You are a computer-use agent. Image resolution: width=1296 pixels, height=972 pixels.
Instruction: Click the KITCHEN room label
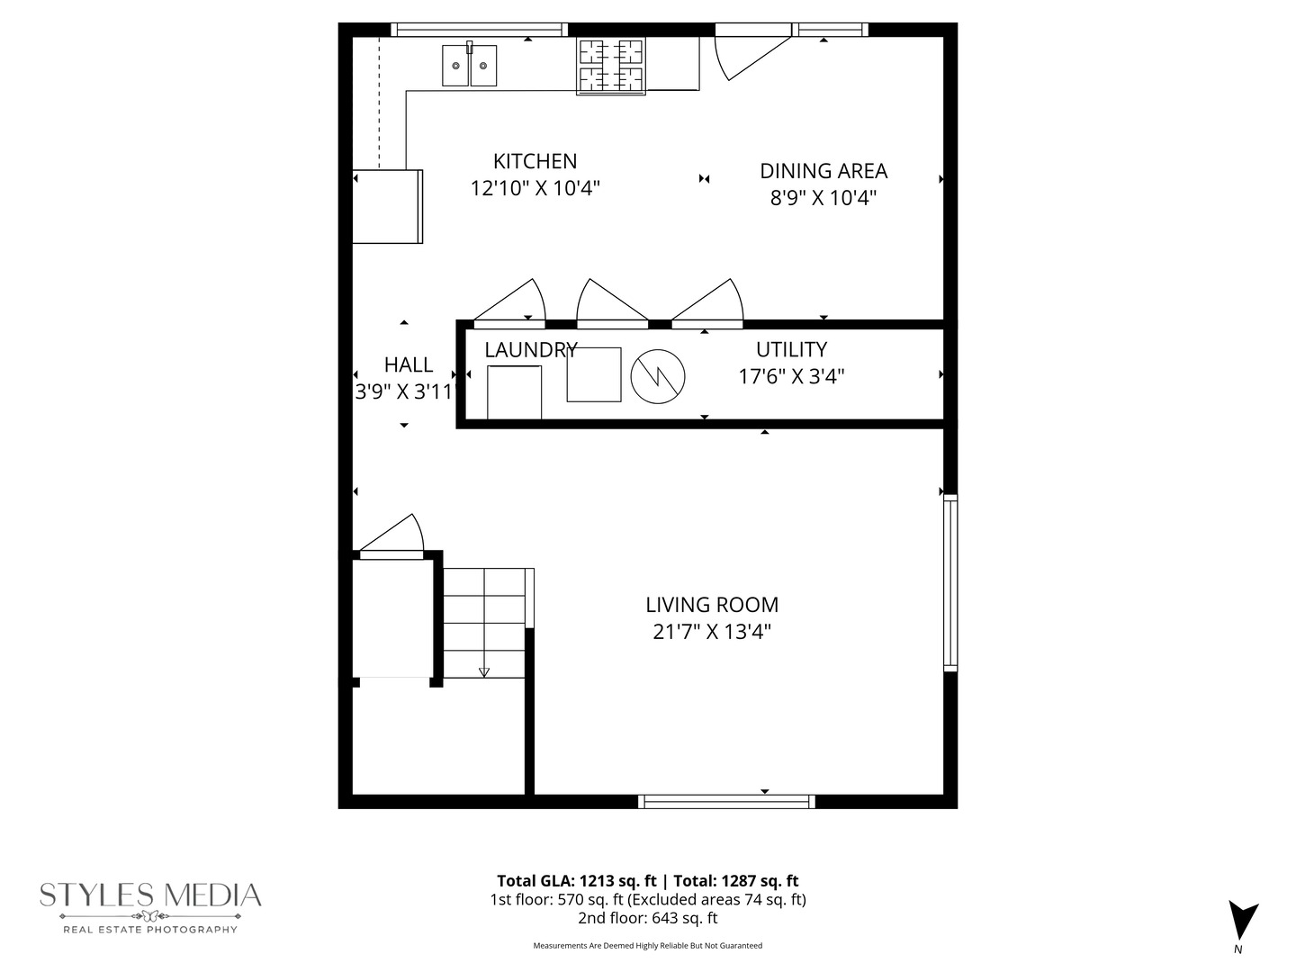(535, 162)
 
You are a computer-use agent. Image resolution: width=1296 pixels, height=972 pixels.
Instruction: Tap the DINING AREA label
(823, 171)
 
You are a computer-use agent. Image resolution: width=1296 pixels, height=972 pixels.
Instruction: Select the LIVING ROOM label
(711, 605)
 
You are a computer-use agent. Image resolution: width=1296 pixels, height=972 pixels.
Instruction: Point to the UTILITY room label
(791, 349)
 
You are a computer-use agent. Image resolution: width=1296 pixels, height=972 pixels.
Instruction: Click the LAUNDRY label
(530, 350)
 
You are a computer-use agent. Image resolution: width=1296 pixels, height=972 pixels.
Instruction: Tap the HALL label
(408, 364)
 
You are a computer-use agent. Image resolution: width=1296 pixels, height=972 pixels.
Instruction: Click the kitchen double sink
(469, 66)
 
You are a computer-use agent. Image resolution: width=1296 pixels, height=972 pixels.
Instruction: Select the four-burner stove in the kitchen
(611, 66)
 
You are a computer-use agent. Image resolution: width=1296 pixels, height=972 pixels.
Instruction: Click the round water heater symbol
(658, 375)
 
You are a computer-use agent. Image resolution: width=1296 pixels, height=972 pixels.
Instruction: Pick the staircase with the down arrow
(485, 623)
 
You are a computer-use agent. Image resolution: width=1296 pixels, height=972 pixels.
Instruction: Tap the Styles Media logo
(150, 904)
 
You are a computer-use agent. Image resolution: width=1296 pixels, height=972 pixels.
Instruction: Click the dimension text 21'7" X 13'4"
(711, 632)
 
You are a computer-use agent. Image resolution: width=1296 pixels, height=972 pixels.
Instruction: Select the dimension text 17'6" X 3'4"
(791, 376)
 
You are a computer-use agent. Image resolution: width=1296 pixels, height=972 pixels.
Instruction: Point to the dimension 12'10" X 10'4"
(535, 189)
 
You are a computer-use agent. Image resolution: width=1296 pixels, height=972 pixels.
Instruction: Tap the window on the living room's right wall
(950, 582)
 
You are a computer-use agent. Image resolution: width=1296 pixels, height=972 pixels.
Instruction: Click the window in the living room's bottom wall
(727, 801)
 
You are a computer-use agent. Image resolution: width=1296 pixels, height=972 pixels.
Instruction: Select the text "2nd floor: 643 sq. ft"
(647, 918)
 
